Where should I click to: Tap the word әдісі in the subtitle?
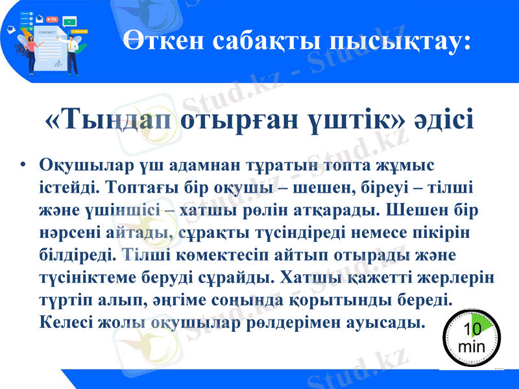coord(445,120)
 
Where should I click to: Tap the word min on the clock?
coord(472,346)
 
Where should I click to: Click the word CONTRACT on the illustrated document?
coord(47,32)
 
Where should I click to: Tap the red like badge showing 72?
coord(53,19)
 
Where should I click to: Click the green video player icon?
coord(69,21)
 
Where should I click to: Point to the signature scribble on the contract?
coord(57,64)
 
